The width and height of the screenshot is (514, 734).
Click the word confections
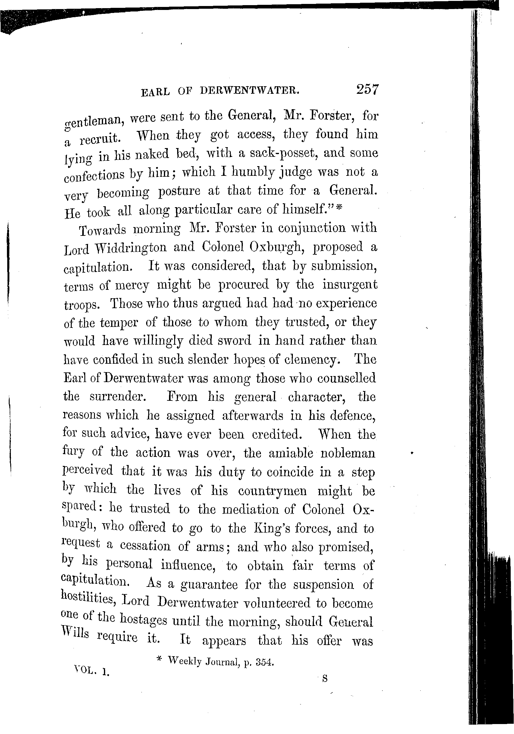[x=94, y=175]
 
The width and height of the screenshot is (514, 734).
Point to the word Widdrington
[x=131, y=247]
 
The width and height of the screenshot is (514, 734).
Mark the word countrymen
[x=272, y=491]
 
